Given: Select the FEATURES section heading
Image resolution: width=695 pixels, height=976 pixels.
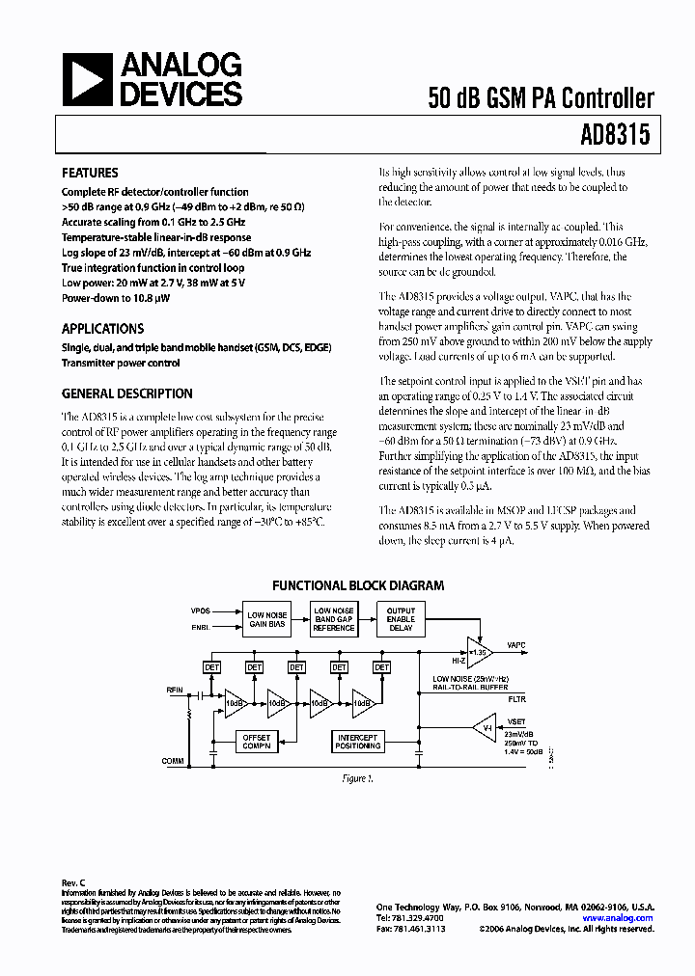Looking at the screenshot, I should [92, 174].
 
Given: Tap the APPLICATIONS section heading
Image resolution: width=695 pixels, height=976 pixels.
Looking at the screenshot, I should [103, 328].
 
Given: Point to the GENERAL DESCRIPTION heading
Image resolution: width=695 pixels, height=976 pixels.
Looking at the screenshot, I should [127, 393].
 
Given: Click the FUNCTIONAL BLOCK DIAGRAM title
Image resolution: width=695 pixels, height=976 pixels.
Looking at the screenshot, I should [358, 585].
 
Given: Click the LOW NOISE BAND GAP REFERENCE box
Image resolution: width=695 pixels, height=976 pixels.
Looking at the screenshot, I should [334, 619].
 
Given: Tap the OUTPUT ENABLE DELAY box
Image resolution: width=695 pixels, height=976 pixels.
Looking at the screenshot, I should [401, 619].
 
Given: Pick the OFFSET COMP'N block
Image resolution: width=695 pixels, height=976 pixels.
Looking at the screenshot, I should [256, 741].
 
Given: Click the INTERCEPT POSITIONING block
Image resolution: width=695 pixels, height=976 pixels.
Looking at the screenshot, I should [358, 741].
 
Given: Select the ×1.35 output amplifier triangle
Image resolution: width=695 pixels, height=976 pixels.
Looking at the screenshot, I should [479, 651].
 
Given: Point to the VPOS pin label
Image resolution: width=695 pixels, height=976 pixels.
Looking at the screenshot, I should [200, 611].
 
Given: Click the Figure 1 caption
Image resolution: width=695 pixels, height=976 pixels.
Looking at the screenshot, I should [357, 777].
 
